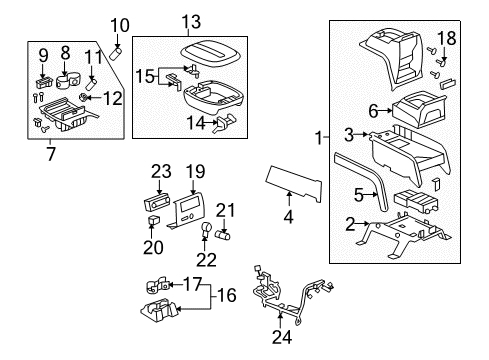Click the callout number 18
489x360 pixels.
click(447, 37)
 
